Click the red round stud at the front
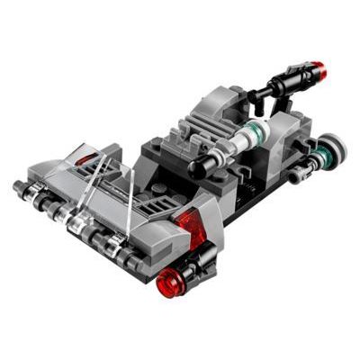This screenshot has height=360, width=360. point(169,284)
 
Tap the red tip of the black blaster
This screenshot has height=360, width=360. point(318,67)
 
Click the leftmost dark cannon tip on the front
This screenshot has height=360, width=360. point(20,187)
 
